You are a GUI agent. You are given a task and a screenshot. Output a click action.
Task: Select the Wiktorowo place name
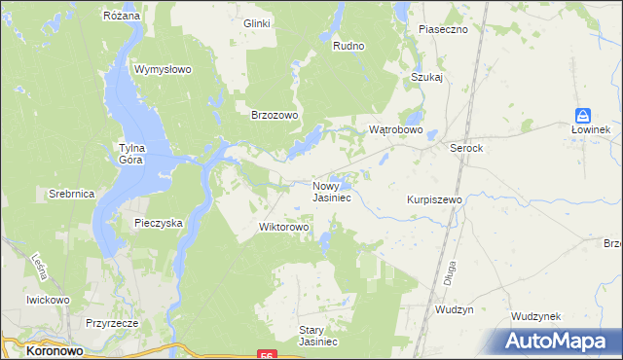click(x=283, y=228)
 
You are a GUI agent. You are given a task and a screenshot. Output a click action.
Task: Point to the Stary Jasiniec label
click(x=317, y=336)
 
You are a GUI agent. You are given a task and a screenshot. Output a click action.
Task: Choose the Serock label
click(x=466, y=148)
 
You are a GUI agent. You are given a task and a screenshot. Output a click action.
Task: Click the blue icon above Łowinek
click(x=583, y=115)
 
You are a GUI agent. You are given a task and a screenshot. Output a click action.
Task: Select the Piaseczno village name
click(x=443, y=29)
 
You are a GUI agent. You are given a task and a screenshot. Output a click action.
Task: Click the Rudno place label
click(x=348, y=46)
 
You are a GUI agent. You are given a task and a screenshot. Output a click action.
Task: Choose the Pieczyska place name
click(x=159, y=223)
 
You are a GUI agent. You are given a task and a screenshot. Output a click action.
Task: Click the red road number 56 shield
click(x=267, y=355)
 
